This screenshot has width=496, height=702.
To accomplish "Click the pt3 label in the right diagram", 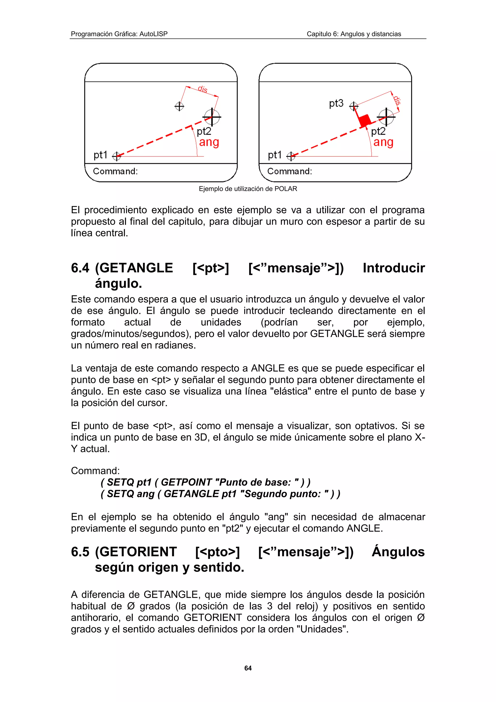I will pyautogui.click(x=336, y=103).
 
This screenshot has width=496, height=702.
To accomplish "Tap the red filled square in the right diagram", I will pyautogui.click(x=364, y=120).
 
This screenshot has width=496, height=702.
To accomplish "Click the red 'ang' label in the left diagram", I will pyautogui.click(x=209, y=142).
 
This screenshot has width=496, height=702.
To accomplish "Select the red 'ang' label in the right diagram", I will pyautogui.click(x=383, y=142).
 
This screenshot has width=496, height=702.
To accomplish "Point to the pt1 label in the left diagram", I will pyautogui.click(x=101, y=155).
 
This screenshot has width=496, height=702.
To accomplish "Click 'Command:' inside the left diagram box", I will pyautogui.click(x=115, y=171).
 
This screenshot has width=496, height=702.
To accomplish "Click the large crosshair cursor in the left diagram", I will pyautogui.click(x=212, y=117).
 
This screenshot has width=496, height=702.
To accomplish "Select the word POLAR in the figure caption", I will pyautogui.click(x=286, y=189).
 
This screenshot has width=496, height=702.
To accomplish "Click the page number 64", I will pyautogui.click(x=248, y=668).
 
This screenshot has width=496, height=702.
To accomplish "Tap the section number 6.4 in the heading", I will pyautogui.click(x=80, y=268).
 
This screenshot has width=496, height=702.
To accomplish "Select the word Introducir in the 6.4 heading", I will pyautogui.click(x=394, y=268).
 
